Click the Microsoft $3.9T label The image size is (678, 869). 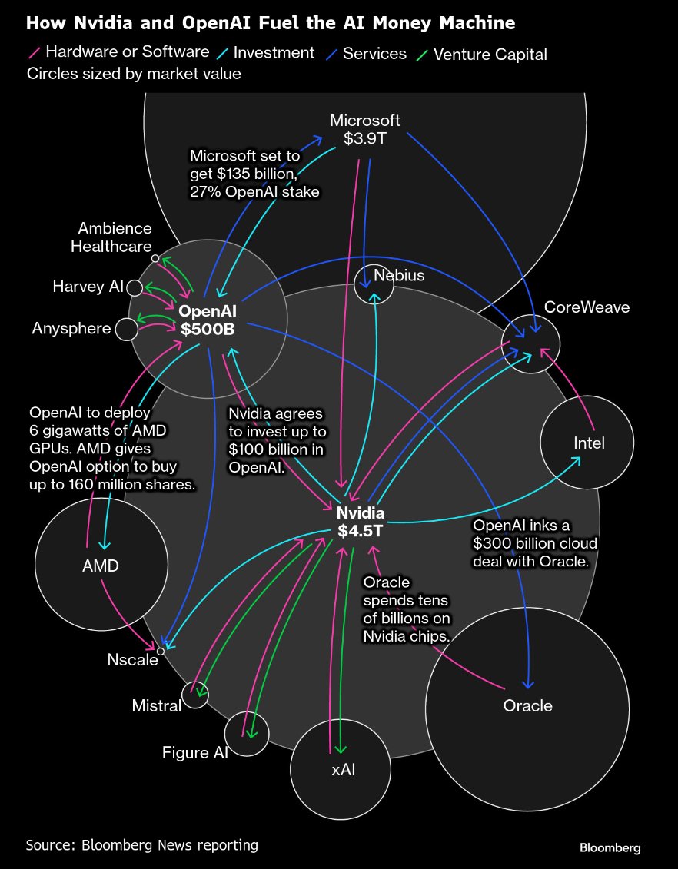tap(365, 130)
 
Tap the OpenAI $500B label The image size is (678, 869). tap(208, 320)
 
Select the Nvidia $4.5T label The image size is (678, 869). tap(361, 521)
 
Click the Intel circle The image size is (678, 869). tap(588, 443)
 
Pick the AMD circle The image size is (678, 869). tap(101, 566)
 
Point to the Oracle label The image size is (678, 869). tap(527, 705)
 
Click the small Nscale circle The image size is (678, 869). tap(161, 652)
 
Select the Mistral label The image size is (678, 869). tap(156, 705)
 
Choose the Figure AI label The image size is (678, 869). tap(195, 752)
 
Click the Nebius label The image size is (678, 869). tap(399, 275)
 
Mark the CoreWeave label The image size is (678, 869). tap(587, 307)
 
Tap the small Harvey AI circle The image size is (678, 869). tap(135, 287)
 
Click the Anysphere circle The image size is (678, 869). tap(126, 330)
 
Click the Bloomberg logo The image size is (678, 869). tap(610, 847)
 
